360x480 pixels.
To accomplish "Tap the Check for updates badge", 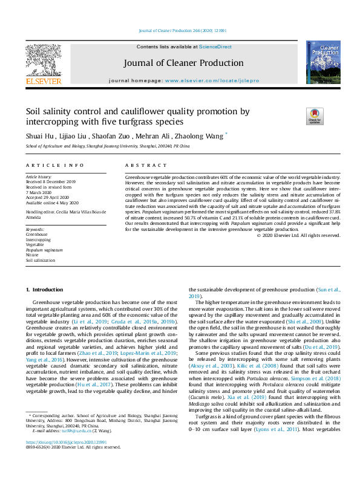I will point(315,115).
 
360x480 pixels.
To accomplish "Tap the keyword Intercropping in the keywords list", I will point(38,240).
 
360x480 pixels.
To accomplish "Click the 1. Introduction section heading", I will point(47,290).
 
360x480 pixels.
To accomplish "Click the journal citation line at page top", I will point(179,31).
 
